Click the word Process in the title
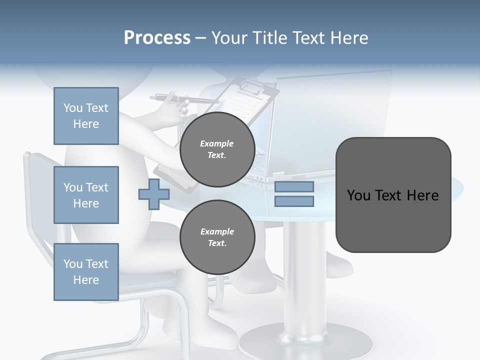pos(157,38)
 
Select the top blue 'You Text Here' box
pos(86,116)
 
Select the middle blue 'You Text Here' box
pos(86,195)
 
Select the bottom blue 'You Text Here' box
pos(86,272)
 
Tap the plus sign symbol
pos(153,194)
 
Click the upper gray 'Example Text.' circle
pos(217,149)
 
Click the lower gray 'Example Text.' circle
pos(217,237)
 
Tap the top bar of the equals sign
pos(294,186)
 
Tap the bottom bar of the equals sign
pos(294,201)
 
